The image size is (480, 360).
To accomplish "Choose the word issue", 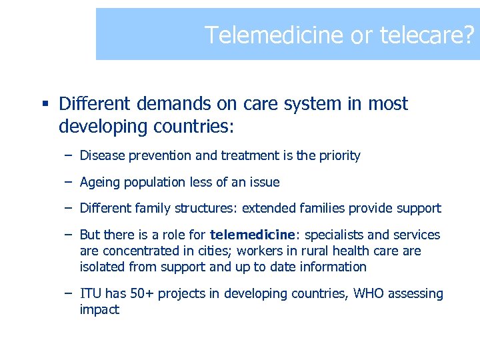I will click(x=264, y=182).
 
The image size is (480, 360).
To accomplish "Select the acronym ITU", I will click(x=90, y=293).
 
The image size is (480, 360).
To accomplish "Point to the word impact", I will click(x=99, y=310).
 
